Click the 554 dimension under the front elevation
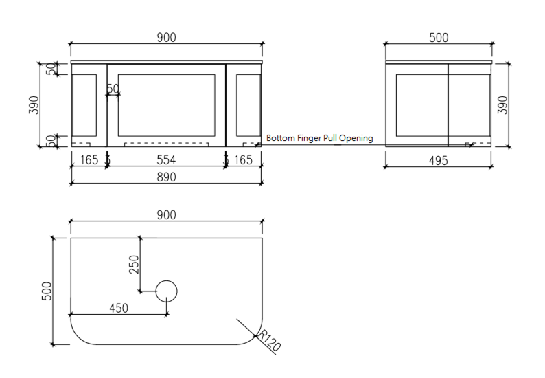pyautogui.click(x=165, y=160)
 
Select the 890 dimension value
pyautogui.click(x=165, y=177)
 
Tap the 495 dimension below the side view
pyautogui.click(x=438, y=161)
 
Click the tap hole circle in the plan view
pyautogui.click(x=167, y=291)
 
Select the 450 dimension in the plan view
pyautogui.click(x=119, y=309)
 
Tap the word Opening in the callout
pyautogui.click(x=357, y=138)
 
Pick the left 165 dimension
pyautogui.click(x=89, y=160)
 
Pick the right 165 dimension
pyautogui.click(x=243, y=160)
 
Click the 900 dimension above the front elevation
pyautogui.click(x=165, y=38)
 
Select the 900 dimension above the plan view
pyautogui.click(x=165, y=215)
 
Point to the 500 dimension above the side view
pyautogui.click(x=439, y=38)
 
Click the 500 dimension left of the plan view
pyautogui.click(x=47, y=291)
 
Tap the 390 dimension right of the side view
pyautogui.click(x=502, y=104)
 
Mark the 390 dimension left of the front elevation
pyautogui.click(x=34, y=104)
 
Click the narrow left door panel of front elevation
pyautogui.click(x=86, y=104)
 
